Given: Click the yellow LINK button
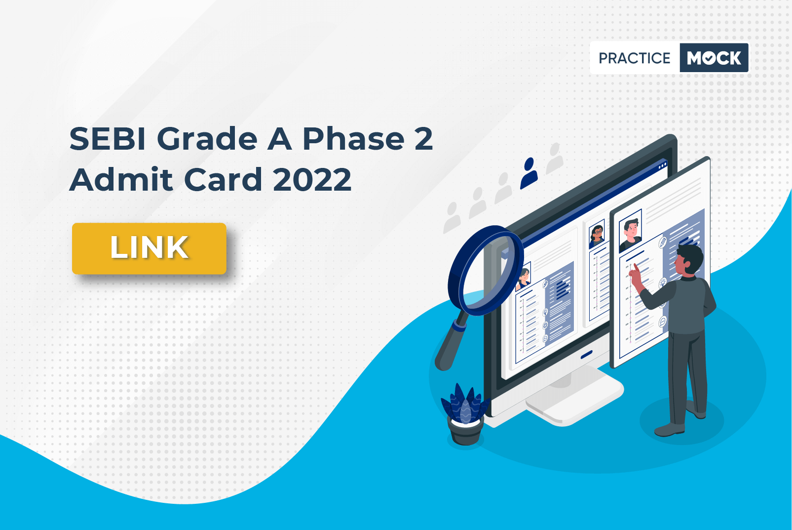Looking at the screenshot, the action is [149, 248].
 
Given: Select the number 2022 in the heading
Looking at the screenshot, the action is [312, 179].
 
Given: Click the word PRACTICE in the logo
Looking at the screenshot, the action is [634, 58].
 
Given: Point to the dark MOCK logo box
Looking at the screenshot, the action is [714, 58].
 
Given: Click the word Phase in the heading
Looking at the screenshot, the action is [353, 139].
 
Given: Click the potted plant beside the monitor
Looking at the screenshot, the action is [465, 414].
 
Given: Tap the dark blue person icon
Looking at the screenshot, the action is [529, 173].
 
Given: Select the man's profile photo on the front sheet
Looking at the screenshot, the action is [630, 230].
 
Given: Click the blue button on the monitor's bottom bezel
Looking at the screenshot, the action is [587, 354].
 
